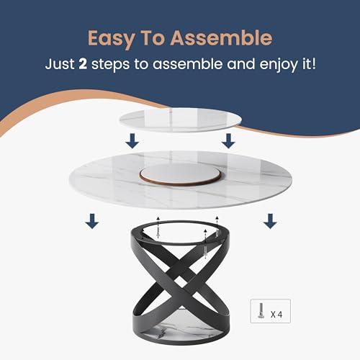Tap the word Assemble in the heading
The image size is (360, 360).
[x=221, y=37]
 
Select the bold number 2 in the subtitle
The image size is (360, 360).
[x=83, y=64]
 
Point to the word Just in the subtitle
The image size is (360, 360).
[x=60, y=64]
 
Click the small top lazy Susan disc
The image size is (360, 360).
[x=180, y=120]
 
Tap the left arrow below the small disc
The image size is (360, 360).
[x=132, y=141]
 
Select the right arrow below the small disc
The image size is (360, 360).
[x=228, y=141]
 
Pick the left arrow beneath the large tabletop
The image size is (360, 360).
[x=92, y=221]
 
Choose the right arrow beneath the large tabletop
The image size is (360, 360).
[x=270, y=221]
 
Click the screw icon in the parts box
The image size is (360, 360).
[x=261, y=310]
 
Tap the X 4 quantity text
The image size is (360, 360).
[x=276, y=315]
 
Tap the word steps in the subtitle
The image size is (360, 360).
[x=110, y=65]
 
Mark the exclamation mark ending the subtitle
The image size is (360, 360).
[x=313, y=63]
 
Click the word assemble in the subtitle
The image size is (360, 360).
[x=188, y=64]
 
